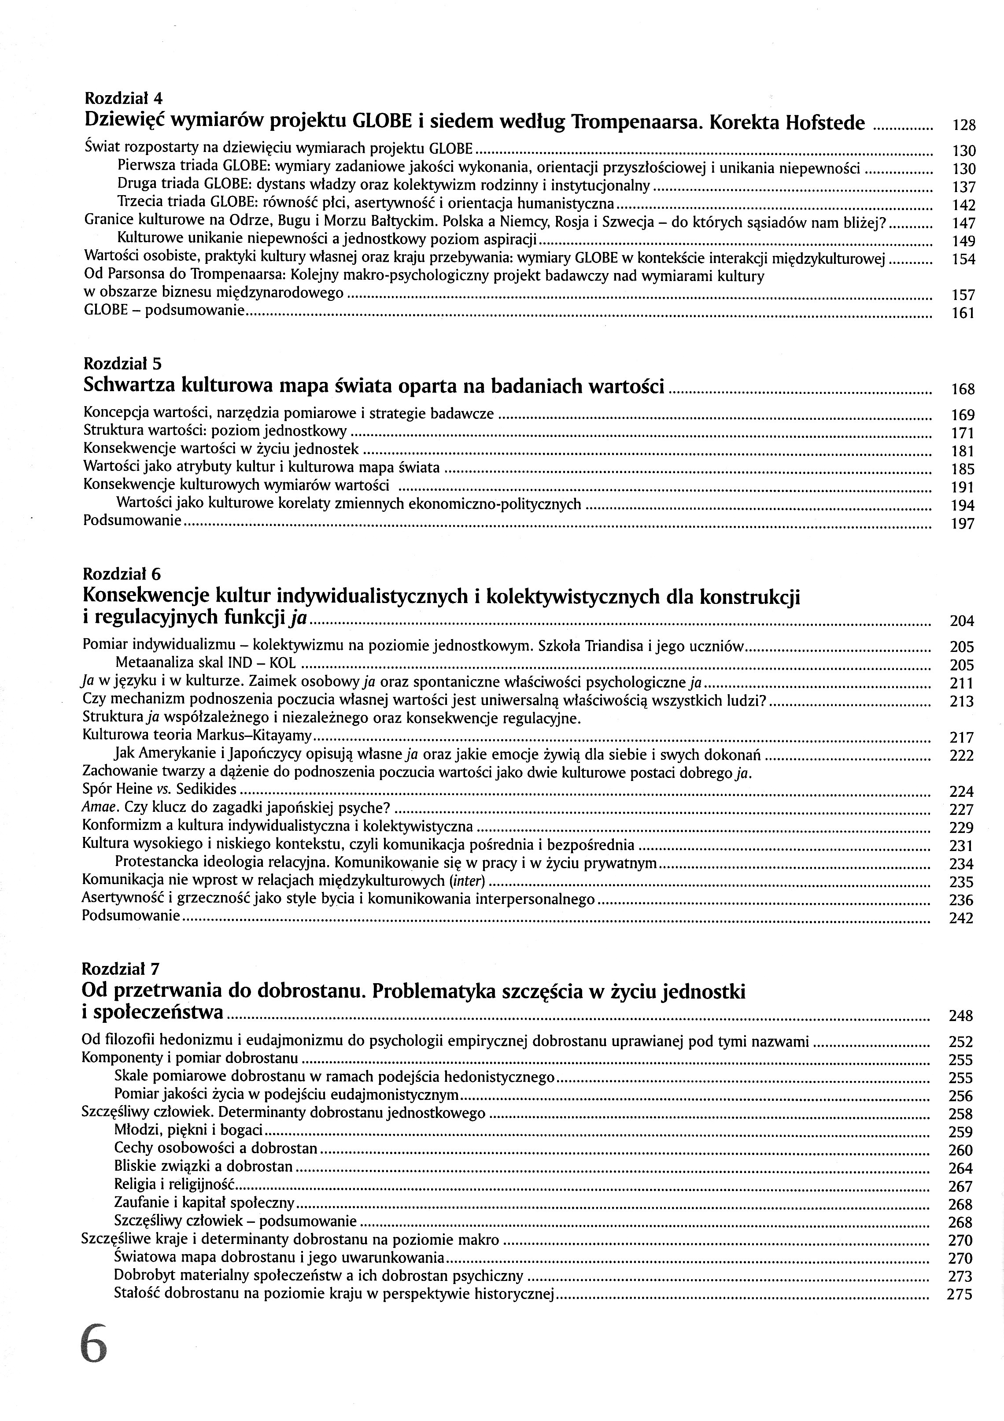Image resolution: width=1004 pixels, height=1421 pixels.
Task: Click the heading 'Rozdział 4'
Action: pyautogui.click(x=123, y=98)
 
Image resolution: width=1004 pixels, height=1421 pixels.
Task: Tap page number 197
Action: pyautogui.click(x=963, y=524)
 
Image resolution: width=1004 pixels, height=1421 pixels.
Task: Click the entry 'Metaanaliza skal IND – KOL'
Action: pyautogui.click(x=205, y=663)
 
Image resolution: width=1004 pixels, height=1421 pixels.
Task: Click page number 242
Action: pyautogui.click(x=961, y=918)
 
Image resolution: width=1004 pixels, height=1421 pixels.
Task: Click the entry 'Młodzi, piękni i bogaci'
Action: pyautogui.click(x=188, y=1130)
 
